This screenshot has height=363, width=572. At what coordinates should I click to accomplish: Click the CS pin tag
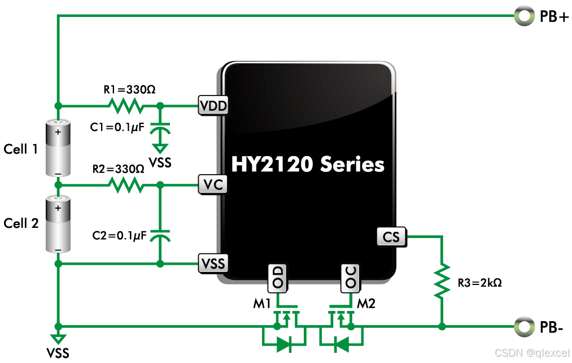pos(391,236)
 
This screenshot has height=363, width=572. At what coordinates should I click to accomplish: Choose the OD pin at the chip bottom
pos(278,278)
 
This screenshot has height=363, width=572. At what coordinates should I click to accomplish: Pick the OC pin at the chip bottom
pos(350,278)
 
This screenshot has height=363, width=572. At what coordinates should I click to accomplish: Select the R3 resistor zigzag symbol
pos(442,281)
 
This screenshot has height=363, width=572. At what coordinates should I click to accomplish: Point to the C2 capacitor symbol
pos(160,235)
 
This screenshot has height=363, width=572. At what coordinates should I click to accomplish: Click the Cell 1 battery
pos(58,148)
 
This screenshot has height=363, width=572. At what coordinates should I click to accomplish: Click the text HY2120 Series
pos(308,165)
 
